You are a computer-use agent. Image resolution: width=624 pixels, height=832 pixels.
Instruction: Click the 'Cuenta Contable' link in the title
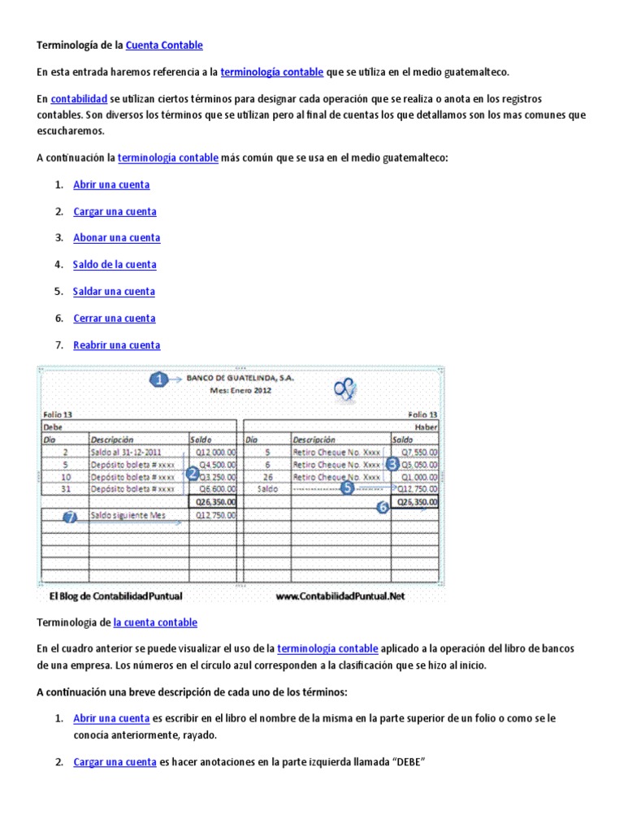[164, 45]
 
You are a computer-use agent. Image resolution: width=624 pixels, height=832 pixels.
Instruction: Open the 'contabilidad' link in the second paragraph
[79, 98]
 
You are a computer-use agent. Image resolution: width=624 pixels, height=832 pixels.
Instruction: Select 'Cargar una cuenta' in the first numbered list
[115, 211]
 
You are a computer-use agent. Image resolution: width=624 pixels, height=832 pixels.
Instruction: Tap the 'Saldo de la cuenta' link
[115, 265]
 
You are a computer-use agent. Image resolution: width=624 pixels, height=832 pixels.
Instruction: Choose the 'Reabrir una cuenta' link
[116, 345]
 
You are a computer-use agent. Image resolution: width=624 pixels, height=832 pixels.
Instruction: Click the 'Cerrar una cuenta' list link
[114, 318]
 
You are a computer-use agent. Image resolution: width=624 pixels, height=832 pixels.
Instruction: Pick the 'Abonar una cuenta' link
[116, 238]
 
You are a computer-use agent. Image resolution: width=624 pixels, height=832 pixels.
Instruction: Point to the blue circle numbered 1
[158, 379]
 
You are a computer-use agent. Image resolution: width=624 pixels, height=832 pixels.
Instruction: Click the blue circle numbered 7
[70, 517]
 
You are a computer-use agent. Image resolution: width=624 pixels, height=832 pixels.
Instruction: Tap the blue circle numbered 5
[348, 488]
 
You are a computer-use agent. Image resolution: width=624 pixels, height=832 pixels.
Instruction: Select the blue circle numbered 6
[382, 508]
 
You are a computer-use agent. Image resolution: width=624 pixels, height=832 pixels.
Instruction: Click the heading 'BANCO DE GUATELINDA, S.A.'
[240, 379]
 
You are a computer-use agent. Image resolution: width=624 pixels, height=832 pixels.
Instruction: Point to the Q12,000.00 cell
[213, 452]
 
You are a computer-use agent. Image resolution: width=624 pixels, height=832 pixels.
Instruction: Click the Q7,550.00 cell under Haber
[416, 452]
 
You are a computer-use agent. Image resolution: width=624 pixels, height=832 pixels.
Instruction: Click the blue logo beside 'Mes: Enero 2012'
[345, 391]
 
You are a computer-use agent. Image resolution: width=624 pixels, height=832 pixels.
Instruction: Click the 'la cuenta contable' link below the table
[155, 622]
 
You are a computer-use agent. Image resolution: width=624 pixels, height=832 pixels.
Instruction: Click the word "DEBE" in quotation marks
[406, 762]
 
